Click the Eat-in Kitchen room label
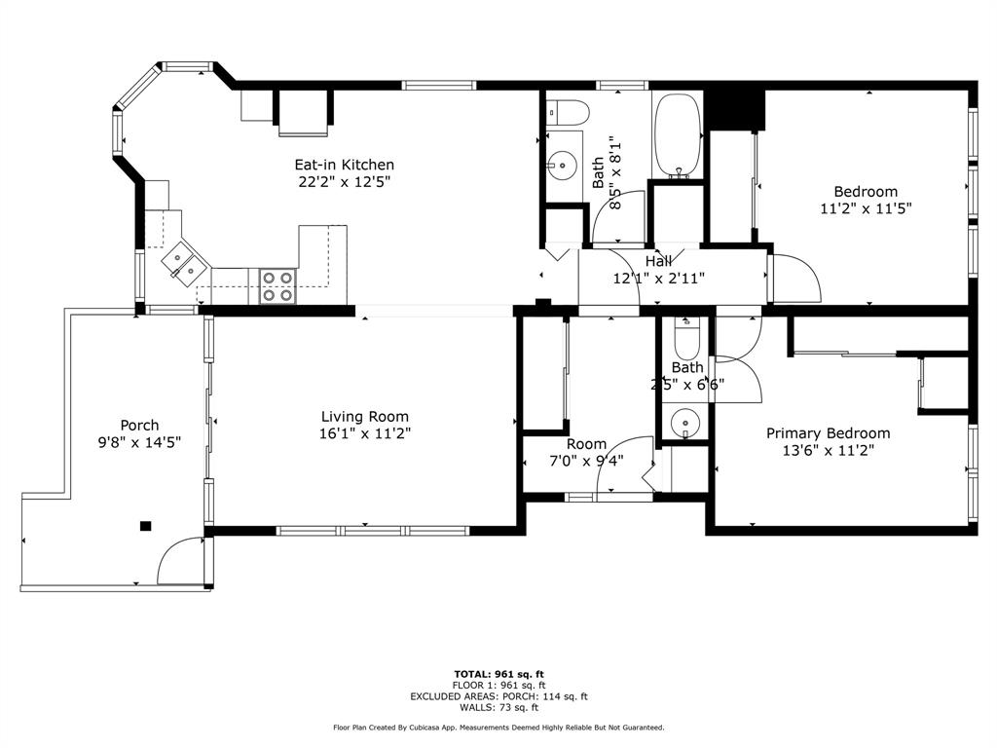coord(344,165)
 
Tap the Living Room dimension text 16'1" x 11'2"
coord(365,433)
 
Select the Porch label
coord(139,425)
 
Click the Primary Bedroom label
coord(828,433)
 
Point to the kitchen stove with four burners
coord(277,286)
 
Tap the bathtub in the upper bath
coord(678,135)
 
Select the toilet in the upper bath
coord(568,113)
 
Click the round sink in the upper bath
coord(562,166)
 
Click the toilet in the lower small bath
coord(685,337)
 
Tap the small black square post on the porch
coord(146,525)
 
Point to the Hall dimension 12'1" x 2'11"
coord(659,278)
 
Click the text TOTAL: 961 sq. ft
coord(499,674)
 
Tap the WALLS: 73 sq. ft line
coord(499,707)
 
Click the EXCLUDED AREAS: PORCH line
coord(499,696)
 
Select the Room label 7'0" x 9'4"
coord(586,452)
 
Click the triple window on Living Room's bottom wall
coord(373,531)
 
